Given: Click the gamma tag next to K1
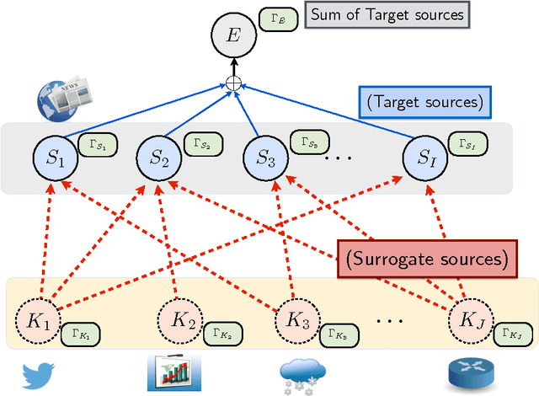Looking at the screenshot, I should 77,336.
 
